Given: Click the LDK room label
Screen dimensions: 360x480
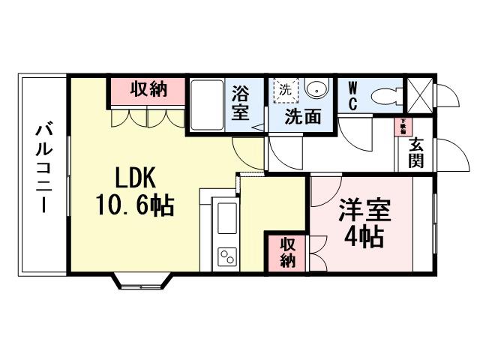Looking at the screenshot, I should pyautogui.click(x=135, y=178).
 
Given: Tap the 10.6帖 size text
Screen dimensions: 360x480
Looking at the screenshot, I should pyautogui.click(x=135, y=204).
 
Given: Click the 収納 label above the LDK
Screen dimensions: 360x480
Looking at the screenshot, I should pyautogui.click(x=147, y=90).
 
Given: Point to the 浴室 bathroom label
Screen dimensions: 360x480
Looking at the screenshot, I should pyautogui.click(x=240, y=103).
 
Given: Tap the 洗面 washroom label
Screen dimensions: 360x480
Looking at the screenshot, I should pyautogui.click(x=302, y=117).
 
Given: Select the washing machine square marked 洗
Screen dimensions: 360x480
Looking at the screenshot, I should pyautogui.click(x=284, y=89).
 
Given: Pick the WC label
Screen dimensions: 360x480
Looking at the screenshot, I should pyautogui.click(x=352, y=95).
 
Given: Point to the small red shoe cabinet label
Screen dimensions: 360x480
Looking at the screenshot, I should pyautogui.click(x=403, y=125).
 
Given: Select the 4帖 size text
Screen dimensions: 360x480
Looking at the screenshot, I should pyautogui.click(x=364, y=236).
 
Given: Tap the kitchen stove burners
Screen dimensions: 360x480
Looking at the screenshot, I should pyautogui.click(x=226, y=257).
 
